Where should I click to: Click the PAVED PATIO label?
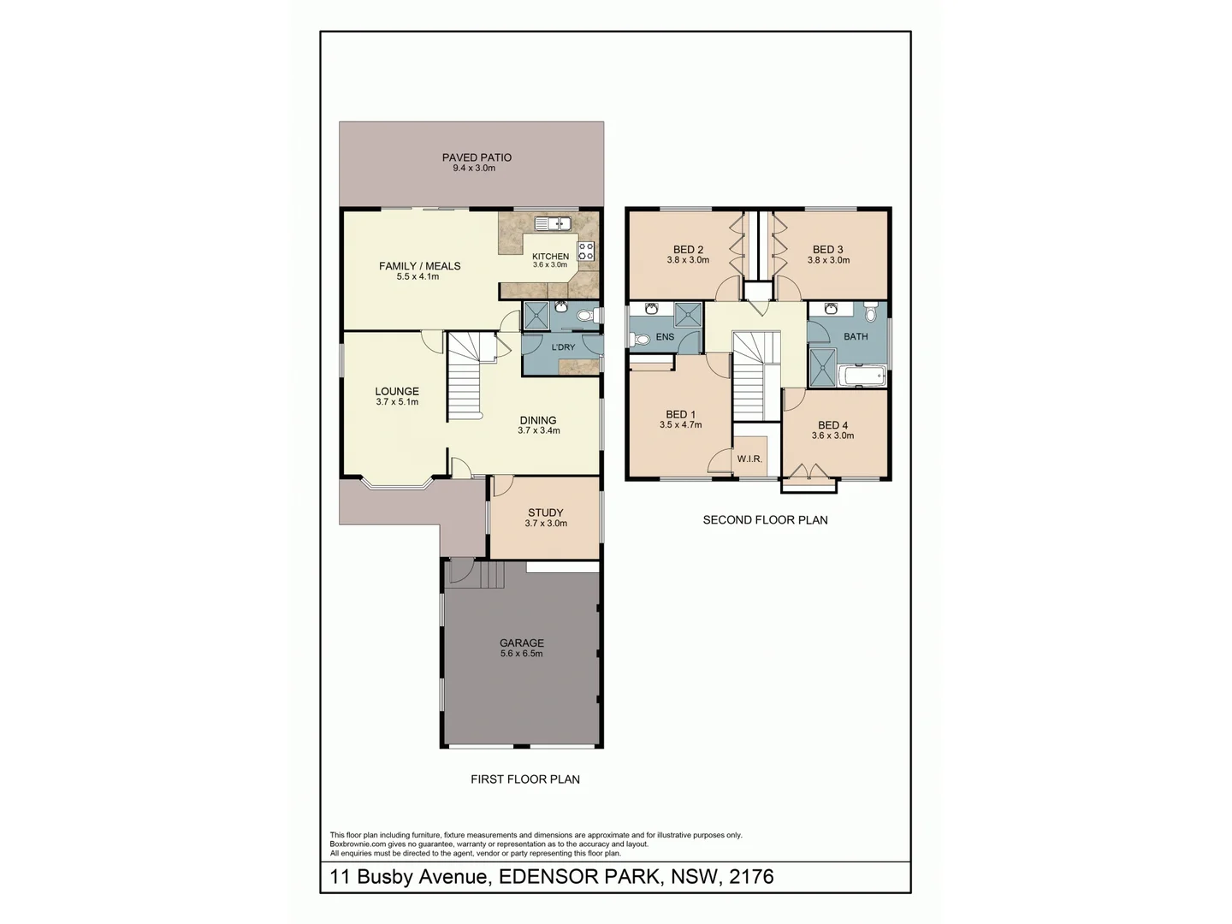coord(477,157)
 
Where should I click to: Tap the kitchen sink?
coord(553,224)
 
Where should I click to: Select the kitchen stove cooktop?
coord(586,251)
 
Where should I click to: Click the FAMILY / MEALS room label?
coord(419,266)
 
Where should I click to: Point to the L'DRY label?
coord(563,347)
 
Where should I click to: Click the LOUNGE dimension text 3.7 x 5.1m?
coord(397,402)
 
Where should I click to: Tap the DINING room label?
coord(538,420)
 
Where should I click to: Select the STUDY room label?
coord(545,513)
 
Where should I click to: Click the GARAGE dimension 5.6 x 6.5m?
coord(522,654)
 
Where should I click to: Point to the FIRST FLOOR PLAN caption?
coord(525,779)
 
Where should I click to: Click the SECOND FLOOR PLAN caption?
coord(765,519)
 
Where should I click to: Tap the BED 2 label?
coord(688,250)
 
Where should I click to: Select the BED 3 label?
coord(828,250)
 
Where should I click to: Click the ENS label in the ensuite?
coord(665,337)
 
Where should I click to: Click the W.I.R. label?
coord(749,459)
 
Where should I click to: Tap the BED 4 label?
coord(832,425)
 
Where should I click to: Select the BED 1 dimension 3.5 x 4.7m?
coord(680,425)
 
